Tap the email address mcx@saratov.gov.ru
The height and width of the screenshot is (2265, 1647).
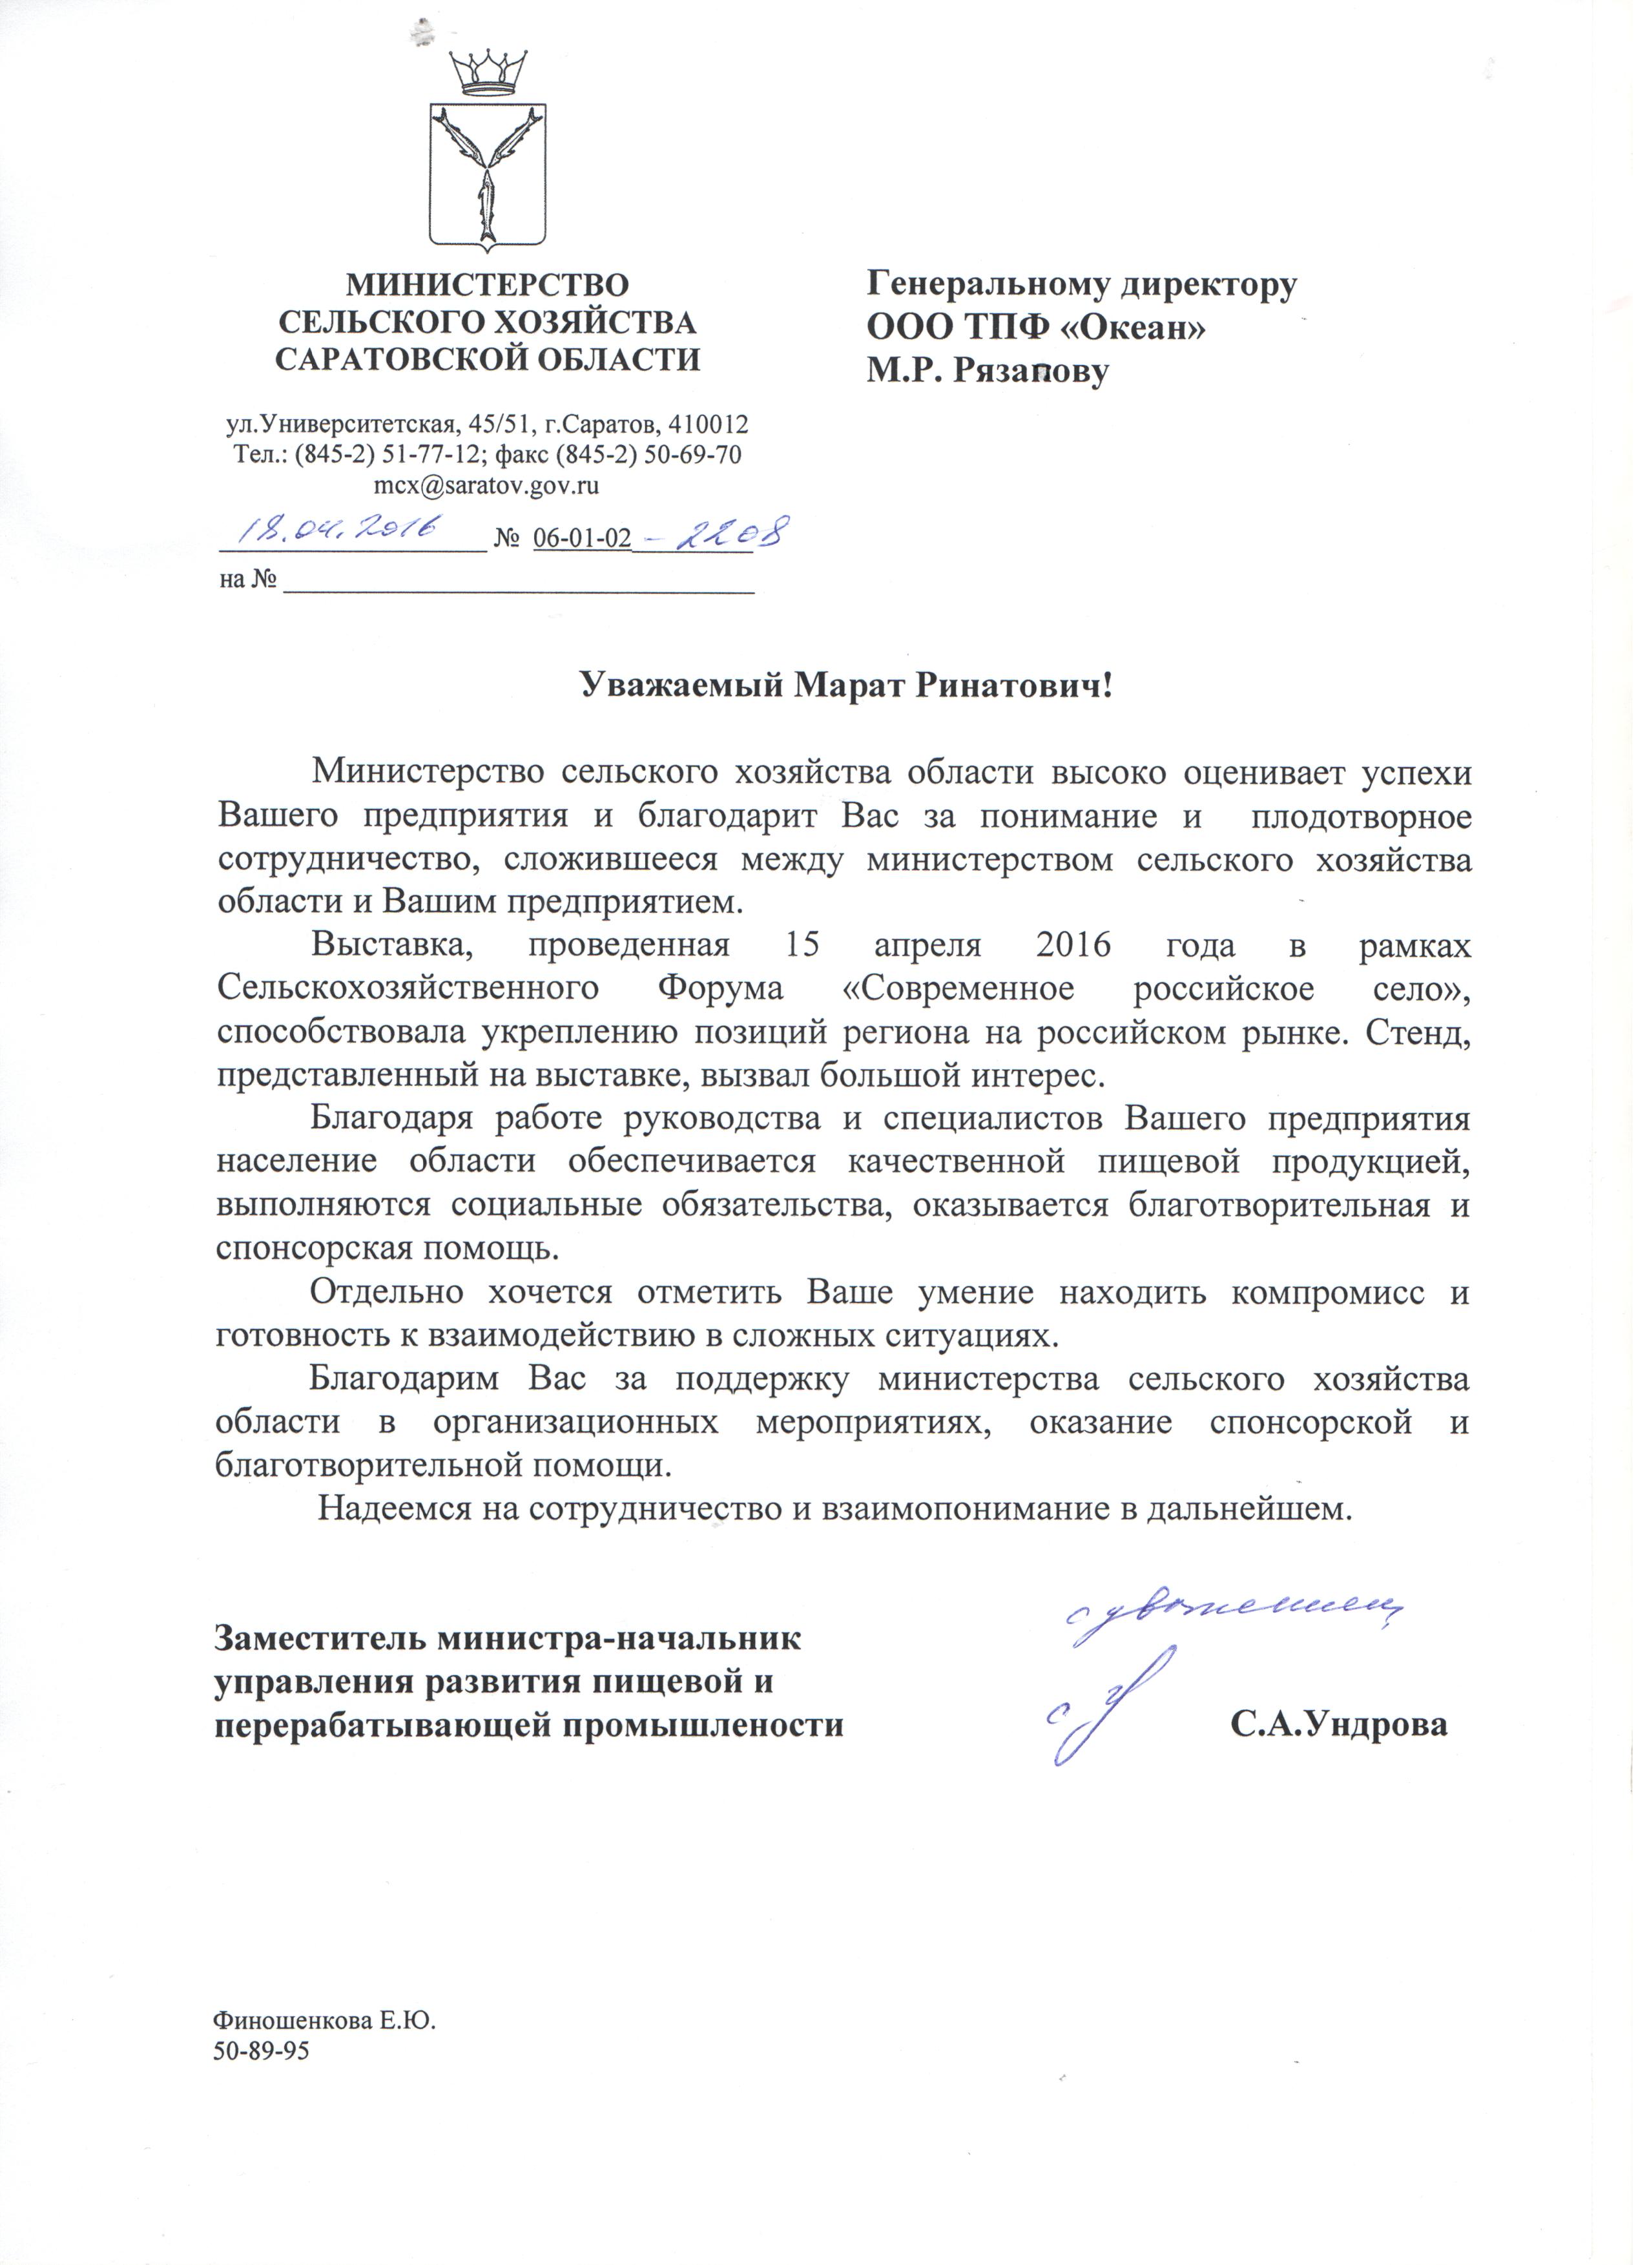point(486,486)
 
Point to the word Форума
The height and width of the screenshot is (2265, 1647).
point(721,988)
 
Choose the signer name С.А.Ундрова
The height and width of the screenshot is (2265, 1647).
point(1338,1725)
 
